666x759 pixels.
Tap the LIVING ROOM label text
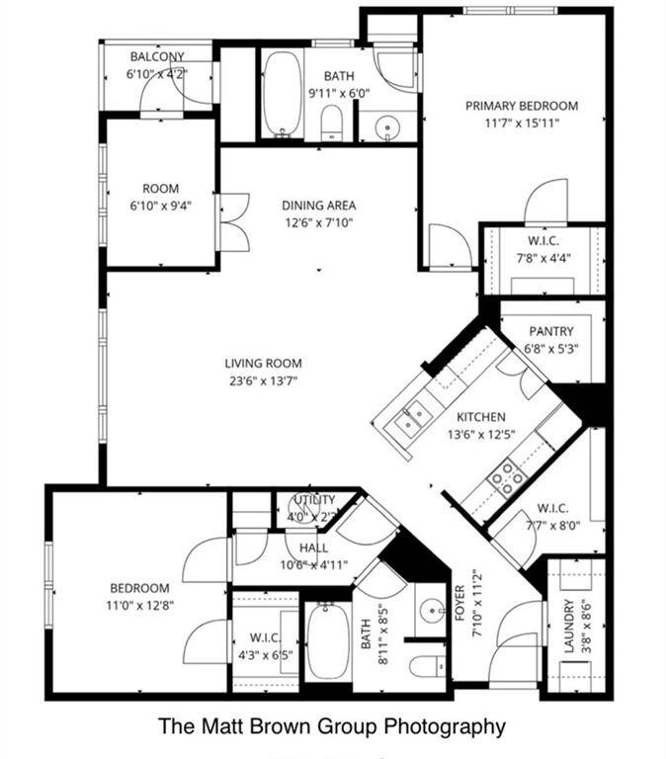[263, 364]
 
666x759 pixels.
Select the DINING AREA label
[318, 206]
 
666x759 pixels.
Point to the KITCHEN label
[480, 417]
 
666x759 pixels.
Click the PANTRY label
[551, 331]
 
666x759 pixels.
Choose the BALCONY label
[156, 56]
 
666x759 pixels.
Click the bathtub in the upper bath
[282, 95]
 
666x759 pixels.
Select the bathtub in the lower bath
[323, 640]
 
